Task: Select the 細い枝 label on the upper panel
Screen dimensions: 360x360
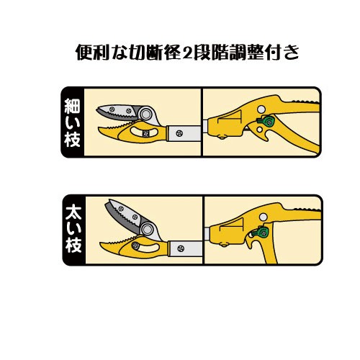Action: (x=72, y=122)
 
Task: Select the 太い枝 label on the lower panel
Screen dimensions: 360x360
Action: (x=73, y=228)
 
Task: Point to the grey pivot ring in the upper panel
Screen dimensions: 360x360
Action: (x=145, y=114)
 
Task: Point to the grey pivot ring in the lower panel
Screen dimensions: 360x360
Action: (x=147, y=229)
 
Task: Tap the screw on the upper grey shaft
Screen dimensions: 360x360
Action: (x=179, y=133)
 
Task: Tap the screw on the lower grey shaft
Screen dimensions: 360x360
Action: (x=181, y=248)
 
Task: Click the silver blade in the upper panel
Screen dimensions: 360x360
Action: (x=117, y=112)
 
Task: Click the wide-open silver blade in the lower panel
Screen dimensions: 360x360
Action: (x=126, y=216)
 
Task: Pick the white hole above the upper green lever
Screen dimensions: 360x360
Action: (x=261, y=109)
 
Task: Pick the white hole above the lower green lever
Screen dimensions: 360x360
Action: (x=264, y=217)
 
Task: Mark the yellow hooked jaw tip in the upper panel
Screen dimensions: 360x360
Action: (x=100, y=130)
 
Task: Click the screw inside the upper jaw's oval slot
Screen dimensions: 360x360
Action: (x=145, y=134)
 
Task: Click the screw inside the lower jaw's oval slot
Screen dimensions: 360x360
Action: (x=135, y=246)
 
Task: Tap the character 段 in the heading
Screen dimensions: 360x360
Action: (x=202, y=52)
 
